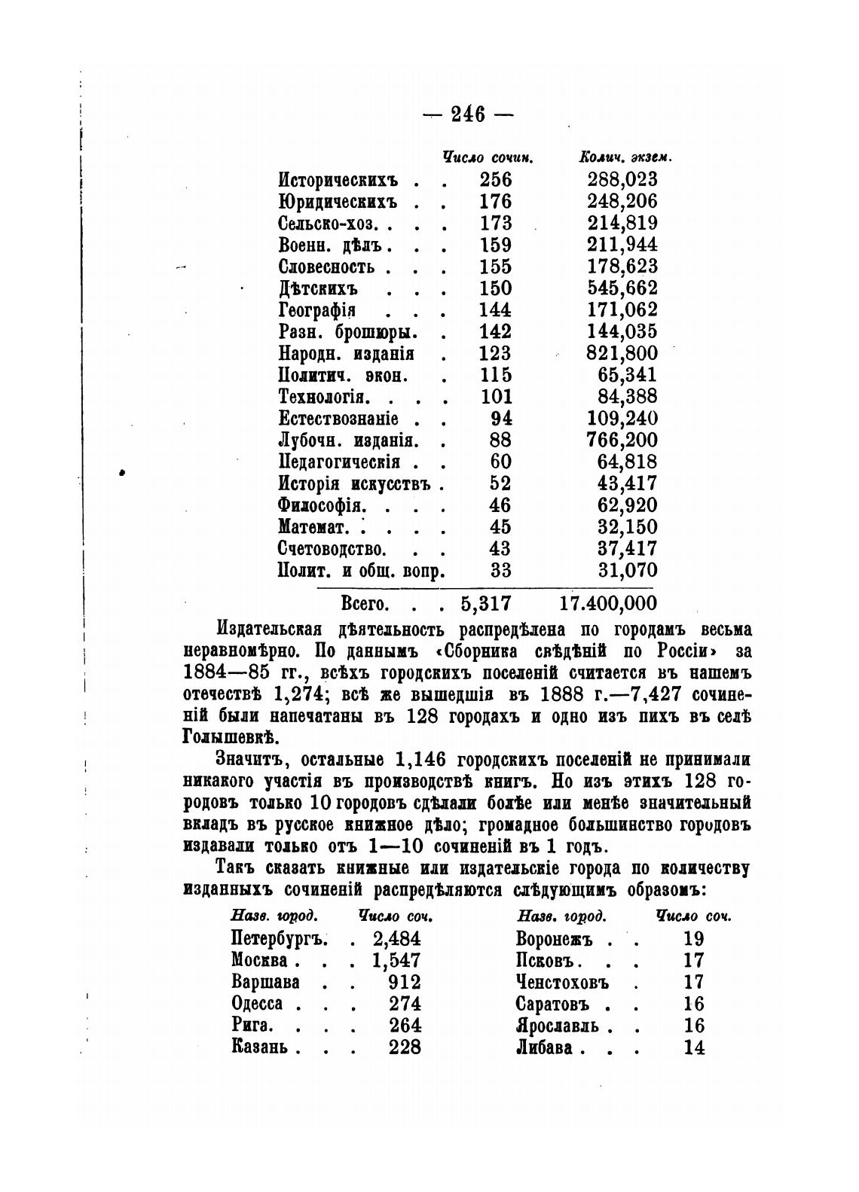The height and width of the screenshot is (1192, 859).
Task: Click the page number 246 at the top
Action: coord(467,114)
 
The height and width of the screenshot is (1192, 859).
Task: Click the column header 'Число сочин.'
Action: coord(488,158)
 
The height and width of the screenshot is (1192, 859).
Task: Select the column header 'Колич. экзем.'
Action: coord(625,158)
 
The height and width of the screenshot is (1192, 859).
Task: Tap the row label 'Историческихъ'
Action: coord(338,180)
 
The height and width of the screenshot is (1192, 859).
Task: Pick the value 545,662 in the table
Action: coord(622,288)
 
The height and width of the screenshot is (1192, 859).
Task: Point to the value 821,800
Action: coord(622,353)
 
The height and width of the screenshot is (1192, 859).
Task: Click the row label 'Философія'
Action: coord(322,505)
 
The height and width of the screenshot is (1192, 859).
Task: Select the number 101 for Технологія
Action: coord(495,397)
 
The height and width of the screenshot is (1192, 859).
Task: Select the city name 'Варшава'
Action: coord(266,983)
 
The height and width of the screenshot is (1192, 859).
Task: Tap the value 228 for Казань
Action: coord(405,1047)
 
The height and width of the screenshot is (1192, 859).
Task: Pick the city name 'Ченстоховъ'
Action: coord(562,983)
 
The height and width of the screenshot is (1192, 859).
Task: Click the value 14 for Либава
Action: coord(693,1047)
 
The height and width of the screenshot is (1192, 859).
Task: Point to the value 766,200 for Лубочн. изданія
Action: coord(622,441)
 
